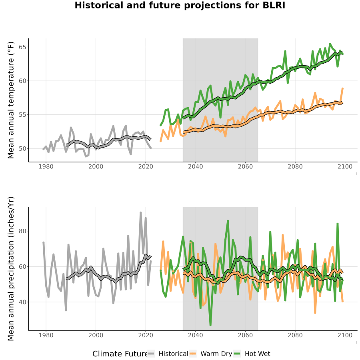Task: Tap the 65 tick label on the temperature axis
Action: coord(22,47)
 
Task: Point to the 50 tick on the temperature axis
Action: coord(22,148)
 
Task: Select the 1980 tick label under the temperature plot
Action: coord(46,166)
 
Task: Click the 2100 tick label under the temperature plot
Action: coord(345,166)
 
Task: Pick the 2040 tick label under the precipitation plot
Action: coord(195,335)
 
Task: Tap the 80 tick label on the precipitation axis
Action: coord(22,231)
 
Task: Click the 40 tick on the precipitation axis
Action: coord(22,302)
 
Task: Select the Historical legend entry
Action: coord(168,354)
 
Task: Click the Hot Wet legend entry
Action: coord(252,354)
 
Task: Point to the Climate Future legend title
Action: coord(120,354)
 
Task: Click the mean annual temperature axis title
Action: coord(11,100)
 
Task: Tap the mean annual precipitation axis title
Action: coord(11,269)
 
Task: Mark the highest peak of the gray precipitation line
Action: coord(141,213)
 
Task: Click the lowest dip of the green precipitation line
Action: coord(210,325)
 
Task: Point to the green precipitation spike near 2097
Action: coord(338,224)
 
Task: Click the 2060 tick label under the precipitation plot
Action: coord(245,335)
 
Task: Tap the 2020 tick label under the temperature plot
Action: coord(146,166)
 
